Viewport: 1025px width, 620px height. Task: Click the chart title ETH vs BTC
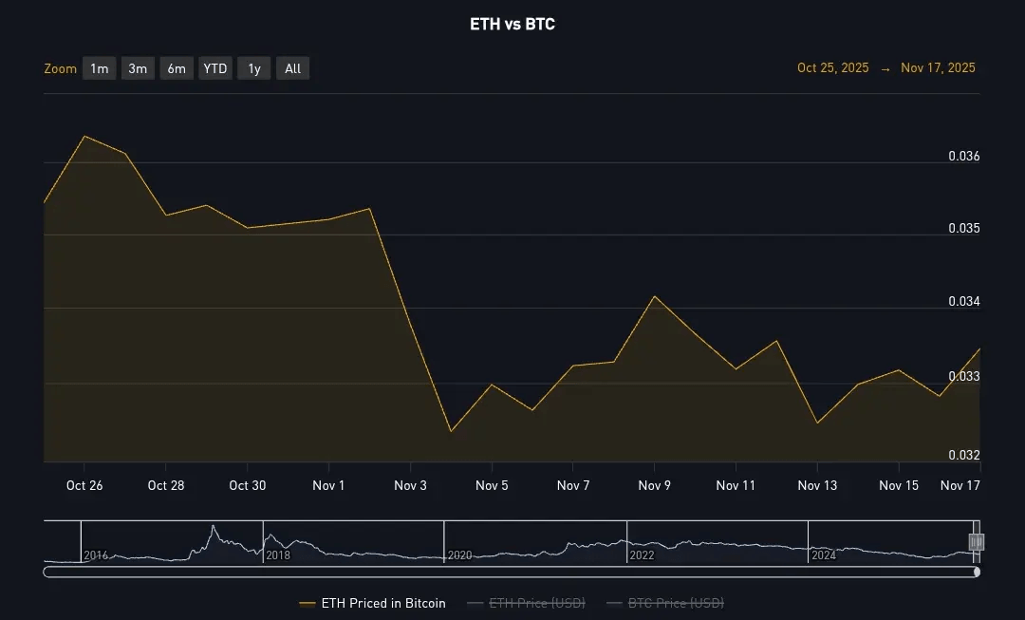pyautogui.click(x=512, y=25)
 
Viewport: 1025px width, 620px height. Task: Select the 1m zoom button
pyautogui.click(x=100, y=68)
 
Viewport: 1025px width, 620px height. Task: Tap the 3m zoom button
pyautogui.click(x=138, y=68)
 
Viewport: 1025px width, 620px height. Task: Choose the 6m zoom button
pyautogui.click(x=177, y=68)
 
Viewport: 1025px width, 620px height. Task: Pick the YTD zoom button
pyautogui.click(x=215, y=68)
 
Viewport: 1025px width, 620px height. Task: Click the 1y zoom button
pyautogui.click(x=254, y=68)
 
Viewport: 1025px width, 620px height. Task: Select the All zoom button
pyautogui.click(x=293, y=68)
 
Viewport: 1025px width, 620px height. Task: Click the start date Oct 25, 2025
pyautogui.click(x=832, y=68)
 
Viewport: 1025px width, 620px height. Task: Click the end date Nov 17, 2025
pyautogui.click(x=938, y=68)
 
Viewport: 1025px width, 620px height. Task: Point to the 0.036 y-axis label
pyautogui.click(x=964, y=156)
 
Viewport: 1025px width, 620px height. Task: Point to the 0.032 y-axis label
pyautogui.click(x=964, y=455)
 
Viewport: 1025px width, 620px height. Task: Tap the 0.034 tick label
pyautogui.click(x=964, y=302)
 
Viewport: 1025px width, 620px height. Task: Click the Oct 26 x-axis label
pyautogui.click(x=84, y=485)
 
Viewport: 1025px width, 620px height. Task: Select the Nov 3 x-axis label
pyautogui.click(x=411, y=485)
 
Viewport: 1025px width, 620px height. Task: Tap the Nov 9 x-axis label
pyautogui.click(x=655, y=485)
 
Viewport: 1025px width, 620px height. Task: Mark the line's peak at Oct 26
pyautogui.click(x=84, y=136)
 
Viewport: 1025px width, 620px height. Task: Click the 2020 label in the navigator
pyautogui.click(x=459, y=555)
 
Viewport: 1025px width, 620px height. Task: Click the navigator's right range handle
pyautogui.click(x=977, y=541)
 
